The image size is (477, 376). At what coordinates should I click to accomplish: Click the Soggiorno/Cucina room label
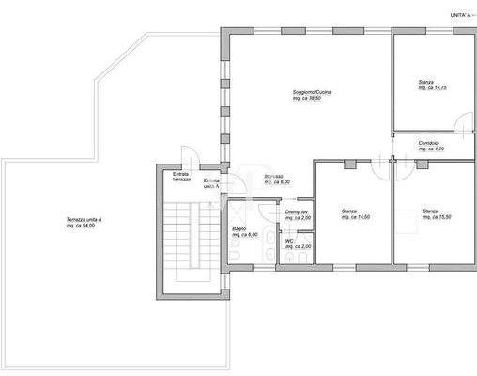[x=312, y=91]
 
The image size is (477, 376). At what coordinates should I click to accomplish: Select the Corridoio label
[x=428, y=142]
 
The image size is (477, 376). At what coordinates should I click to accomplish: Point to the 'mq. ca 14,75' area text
[x=433, y=88]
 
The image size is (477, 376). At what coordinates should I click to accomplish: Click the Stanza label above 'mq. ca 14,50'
[x=349, y=211]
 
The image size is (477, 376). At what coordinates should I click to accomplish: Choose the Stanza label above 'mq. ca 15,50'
[x=430, y=211]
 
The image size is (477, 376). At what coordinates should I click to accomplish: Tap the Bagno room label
[x=239, y=228]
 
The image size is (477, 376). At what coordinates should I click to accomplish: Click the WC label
[x=290, y=241]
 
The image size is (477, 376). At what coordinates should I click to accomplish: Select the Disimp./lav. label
[x=299, y=212]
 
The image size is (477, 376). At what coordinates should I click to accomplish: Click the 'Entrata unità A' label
[x=211, y=182]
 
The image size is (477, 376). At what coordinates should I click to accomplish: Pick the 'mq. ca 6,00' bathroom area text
[x=245, y=235]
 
